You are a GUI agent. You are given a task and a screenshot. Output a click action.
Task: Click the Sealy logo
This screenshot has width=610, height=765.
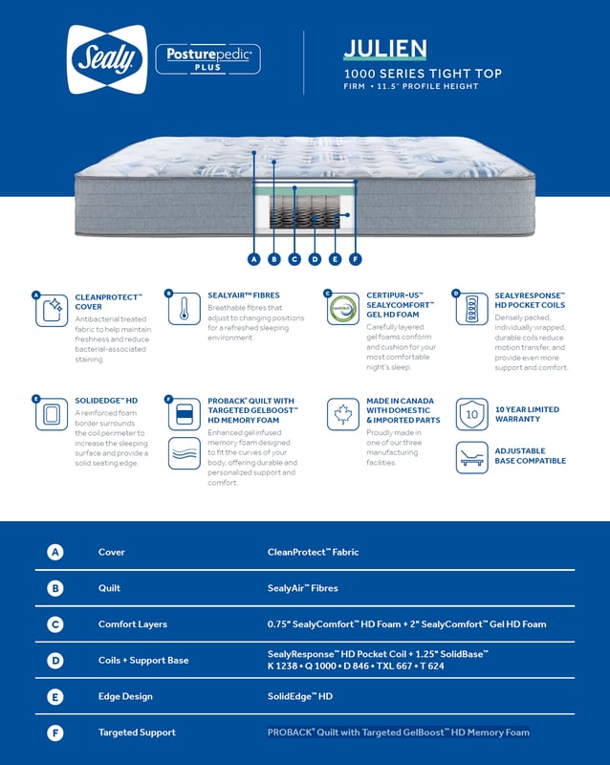107,59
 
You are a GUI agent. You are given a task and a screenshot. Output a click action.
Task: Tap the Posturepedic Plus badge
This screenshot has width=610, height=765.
207,59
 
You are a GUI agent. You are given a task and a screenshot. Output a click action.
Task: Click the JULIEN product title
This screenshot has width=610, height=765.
385,49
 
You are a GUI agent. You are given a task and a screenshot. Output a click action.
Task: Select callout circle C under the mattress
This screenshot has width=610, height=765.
294,258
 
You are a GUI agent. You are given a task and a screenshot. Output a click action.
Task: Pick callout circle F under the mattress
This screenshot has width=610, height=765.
355,258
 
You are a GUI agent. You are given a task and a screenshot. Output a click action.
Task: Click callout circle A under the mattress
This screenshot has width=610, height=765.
253,258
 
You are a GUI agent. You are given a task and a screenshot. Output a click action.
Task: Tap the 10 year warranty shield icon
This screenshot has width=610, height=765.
471,414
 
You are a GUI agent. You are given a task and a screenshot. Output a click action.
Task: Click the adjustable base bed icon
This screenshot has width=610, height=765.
471,456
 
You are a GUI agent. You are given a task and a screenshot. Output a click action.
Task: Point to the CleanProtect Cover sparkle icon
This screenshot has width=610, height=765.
53,310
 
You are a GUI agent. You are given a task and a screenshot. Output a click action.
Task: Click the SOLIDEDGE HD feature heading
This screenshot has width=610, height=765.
106,401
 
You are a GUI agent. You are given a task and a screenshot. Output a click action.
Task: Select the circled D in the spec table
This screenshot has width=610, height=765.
55,661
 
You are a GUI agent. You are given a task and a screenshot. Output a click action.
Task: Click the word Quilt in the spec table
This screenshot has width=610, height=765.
110,588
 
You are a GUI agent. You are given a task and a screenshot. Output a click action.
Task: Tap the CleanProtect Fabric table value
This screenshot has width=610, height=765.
313,552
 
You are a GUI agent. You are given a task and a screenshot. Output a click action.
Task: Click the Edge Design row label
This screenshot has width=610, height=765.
124,696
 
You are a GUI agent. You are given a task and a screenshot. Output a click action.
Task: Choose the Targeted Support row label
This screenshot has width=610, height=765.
137,732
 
